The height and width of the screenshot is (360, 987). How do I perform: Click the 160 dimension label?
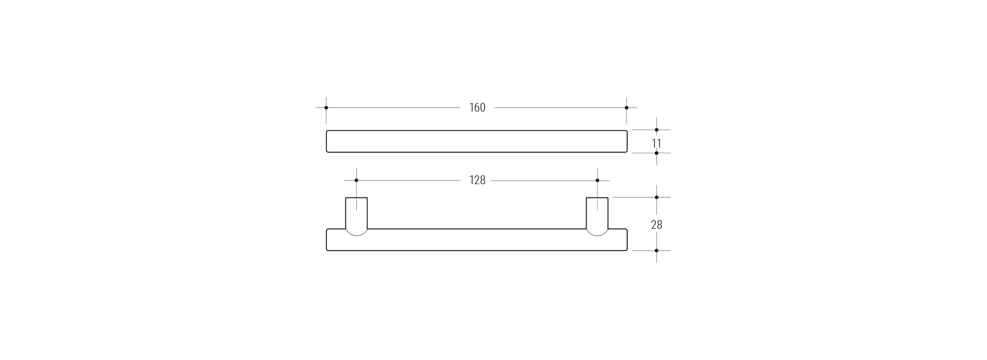(x=477, y=107)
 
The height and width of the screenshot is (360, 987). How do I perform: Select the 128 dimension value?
(x=477, y=180)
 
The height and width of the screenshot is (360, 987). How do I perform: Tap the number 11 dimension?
(x=656, y=143)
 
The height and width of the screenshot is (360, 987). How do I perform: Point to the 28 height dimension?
(x=656, y=225)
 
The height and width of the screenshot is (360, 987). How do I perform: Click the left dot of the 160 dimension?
(x=326, y=107)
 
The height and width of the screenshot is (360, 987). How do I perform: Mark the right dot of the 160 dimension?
(x=627, y=107)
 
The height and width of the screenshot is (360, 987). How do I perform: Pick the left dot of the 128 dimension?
(x=356, y=181)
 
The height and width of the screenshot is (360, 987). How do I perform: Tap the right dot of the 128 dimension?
(x=597, y=181)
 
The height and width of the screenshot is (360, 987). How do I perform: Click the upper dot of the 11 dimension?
(x=656, y=130)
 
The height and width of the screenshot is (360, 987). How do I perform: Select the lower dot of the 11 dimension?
(x=656, y=153)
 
